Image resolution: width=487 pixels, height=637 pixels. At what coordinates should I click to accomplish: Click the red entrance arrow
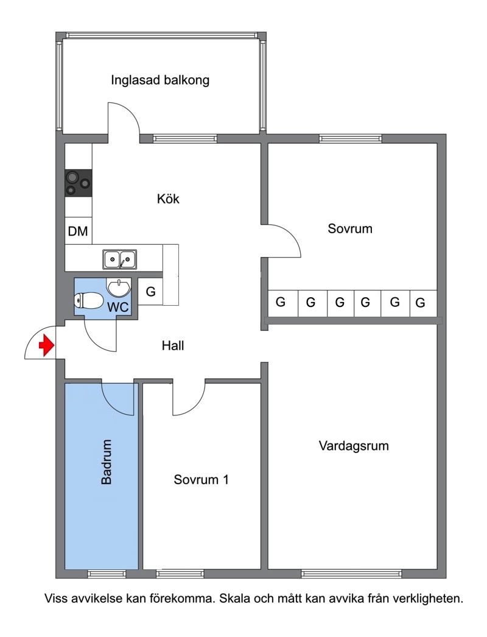[x=46, y=346]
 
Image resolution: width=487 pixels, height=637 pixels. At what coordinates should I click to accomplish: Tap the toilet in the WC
[x=88, y=301]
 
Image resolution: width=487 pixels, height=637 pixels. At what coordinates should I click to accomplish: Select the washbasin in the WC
[x=119, y=287]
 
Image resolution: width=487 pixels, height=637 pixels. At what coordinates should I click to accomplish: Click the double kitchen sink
[x=119, y=259]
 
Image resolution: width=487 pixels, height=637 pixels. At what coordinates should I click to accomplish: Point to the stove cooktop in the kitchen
[x=79, y=183]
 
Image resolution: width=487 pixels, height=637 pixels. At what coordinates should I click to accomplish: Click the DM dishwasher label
[x=78, y=231]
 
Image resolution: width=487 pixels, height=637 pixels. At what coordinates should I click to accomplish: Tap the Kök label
[x=168, y=199]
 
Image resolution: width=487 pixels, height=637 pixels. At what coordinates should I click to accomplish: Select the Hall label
[x=173, y=346]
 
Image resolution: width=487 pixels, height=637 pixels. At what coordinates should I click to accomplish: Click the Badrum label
[x=106, y=462]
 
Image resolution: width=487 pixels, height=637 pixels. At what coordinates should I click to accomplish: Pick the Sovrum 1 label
[x=201, y=479]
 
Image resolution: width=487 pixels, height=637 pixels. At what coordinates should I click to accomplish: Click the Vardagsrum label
[x=354, y=446]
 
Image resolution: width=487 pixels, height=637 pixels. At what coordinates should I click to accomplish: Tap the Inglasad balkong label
[x=160, y=80]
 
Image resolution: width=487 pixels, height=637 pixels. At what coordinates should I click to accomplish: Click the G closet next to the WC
[x=151, y=291]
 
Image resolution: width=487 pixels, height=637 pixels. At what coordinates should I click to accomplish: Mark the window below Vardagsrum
[x=351, y=574]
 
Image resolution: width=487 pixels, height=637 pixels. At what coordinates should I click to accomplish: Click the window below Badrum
[x=107, y=574]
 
